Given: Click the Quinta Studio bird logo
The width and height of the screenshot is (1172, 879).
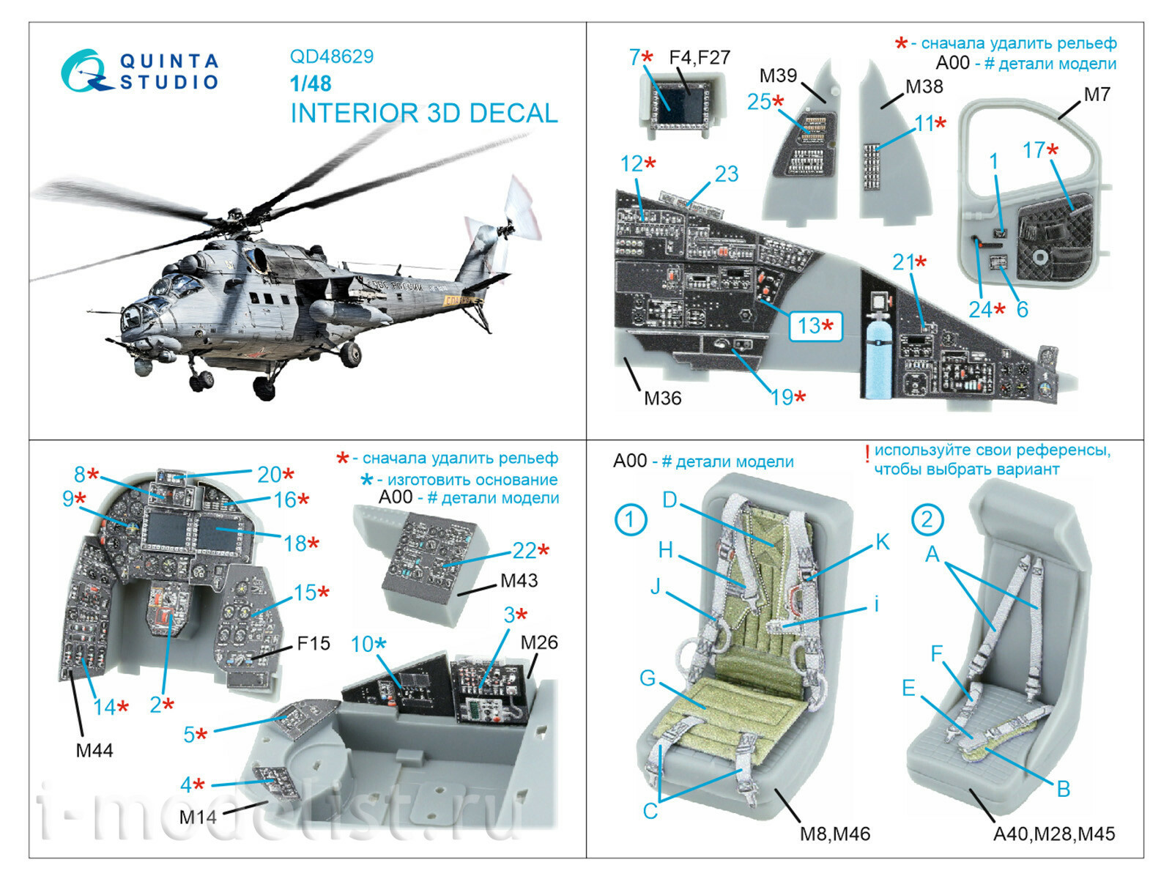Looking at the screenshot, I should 82,71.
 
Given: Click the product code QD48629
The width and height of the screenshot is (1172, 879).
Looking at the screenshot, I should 331,56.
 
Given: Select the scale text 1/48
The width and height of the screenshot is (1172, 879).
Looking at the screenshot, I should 310,84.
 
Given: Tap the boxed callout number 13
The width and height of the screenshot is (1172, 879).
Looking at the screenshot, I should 815,326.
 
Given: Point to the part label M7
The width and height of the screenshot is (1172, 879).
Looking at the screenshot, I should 1097,94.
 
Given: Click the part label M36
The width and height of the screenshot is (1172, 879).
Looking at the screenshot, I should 662,398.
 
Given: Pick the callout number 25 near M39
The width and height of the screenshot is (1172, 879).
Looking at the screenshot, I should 759,102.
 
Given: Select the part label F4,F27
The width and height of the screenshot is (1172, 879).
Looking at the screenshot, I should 700,57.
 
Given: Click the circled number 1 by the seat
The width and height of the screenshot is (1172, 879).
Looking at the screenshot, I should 630,519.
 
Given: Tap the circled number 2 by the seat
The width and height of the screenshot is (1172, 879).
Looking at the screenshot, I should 927,519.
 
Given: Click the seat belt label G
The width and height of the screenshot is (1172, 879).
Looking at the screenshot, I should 648,678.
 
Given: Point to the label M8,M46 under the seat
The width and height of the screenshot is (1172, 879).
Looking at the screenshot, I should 834,834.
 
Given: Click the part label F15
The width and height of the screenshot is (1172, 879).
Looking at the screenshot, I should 314,643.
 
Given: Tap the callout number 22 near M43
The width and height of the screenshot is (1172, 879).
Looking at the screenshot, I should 525,551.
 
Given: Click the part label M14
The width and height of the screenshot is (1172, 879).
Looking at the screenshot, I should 197,816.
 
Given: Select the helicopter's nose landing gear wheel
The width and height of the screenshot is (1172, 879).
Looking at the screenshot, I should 200,381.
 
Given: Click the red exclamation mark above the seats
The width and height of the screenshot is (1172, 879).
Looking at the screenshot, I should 867,454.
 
